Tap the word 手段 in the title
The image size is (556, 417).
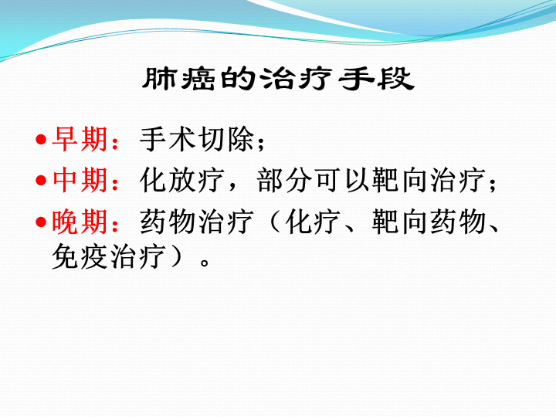(x=377, y=78)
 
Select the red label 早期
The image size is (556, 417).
(x=80, y=139)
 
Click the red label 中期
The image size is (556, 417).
(x=80, y=180)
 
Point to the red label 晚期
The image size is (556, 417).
(x=80, y=222)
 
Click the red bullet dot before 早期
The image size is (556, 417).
(x=41, y=139)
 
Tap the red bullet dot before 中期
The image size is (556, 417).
(x=41, y=181)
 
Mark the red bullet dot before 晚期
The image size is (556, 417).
(x=41, y=222)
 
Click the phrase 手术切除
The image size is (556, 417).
(x=197, y=139)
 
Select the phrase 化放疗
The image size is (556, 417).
(x=182, y=180)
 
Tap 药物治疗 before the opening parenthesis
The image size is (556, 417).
(x=197, y=222)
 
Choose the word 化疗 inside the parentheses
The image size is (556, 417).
(x=313, y=222)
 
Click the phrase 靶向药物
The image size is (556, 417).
(x=429, y=222)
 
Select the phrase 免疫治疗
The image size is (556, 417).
(x=109, y=256)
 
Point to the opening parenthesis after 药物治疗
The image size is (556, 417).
(x=275, y=222)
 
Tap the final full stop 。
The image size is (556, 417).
(x=205, y=263)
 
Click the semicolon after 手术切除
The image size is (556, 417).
(x=261, y=144)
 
